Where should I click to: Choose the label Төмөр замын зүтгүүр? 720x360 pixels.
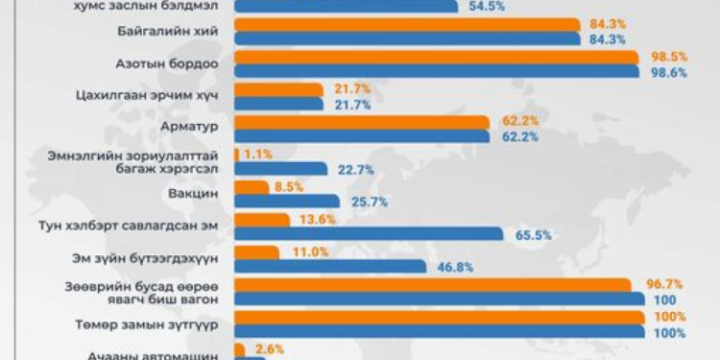click(x=157, y=324)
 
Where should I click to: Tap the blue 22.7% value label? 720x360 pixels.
click(x=356, y=170)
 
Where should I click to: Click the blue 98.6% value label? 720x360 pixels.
click(x=667, y=73)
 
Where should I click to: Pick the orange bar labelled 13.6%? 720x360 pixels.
click(x=261, y=219)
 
